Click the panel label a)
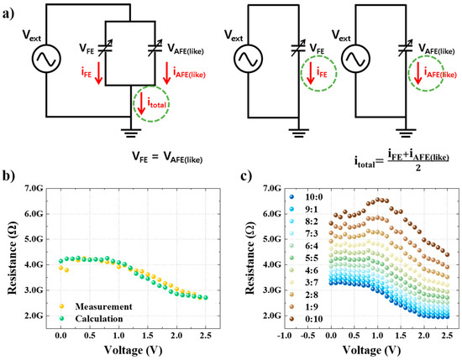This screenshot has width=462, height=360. tap(10, 14)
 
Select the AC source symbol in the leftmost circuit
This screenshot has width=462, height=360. tap(43, 60)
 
